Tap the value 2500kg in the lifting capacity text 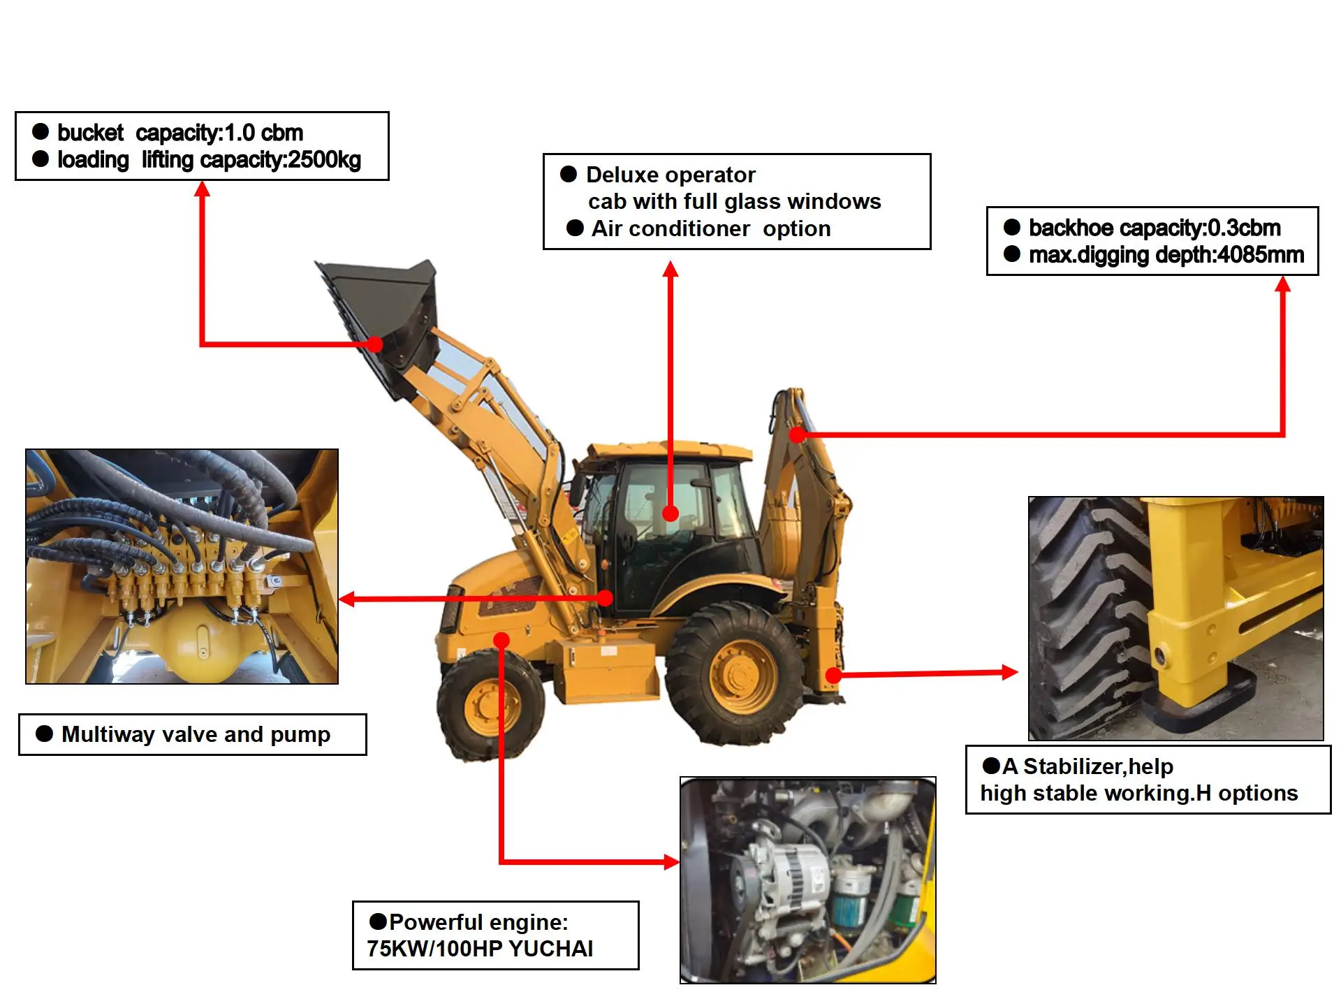click(324, 160)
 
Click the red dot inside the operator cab click(670, 514)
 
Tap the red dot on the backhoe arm click(797, 435)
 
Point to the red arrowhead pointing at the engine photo click(671, 861)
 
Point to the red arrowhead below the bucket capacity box click(202, 189)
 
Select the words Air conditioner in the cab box click(670, 229)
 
